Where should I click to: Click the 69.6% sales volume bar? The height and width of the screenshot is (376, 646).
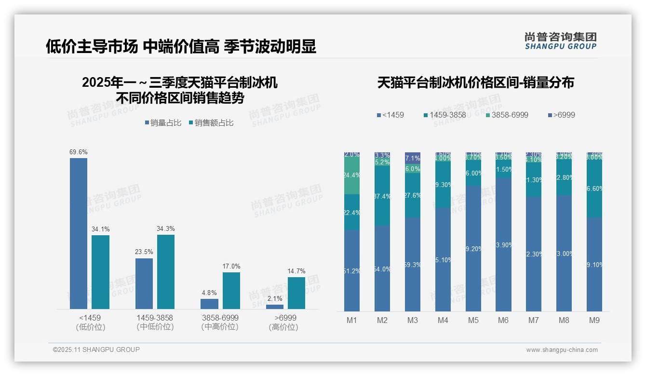pyautogui.click(x=79, y=233)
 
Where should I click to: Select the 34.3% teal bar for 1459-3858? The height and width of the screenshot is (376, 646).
pyautogui.click(x=166, y=271)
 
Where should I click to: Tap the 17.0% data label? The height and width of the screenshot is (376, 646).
pyautogui.click(x=231, y=267)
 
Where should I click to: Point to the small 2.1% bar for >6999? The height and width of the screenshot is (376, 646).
pyautogui.click(x=275, y=307)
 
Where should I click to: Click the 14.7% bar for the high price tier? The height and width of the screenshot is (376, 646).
pyautogui.click(x=296, y=293)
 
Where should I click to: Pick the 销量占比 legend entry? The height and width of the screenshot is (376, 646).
pyautogui.click(x=163, y=123)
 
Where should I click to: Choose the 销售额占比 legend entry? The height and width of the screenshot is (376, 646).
pyautogui.click(x=211, y=123)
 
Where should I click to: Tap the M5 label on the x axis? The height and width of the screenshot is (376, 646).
pyautogui.click(x=473, y=321)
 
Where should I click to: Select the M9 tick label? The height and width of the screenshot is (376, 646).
pyautogui.click(x=594, y=321)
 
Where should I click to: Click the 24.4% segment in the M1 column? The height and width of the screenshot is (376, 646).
pyautogui.click(x=352, y=175)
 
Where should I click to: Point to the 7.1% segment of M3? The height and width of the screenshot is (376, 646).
pyautogui.click(x=413, y=158)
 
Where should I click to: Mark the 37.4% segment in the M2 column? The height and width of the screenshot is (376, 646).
pyautogui.click(x=382, y=196)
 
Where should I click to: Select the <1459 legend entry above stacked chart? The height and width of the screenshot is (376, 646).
pyautogui.click(x=390, y=115)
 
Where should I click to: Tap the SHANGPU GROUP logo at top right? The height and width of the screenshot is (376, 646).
pyautogui.click(x=561, y=41)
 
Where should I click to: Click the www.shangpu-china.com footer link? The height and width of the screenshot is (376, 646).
pyautogui.click(x=562, y=350)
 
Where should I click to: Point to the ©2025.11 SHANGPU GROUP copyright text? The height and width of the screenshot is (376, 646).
pyautogui.click(x=96, y=349)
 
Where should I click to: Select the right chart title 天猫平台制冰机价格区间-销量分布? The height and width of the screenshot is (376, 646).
pyautogui.click(x=475, y=83)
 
